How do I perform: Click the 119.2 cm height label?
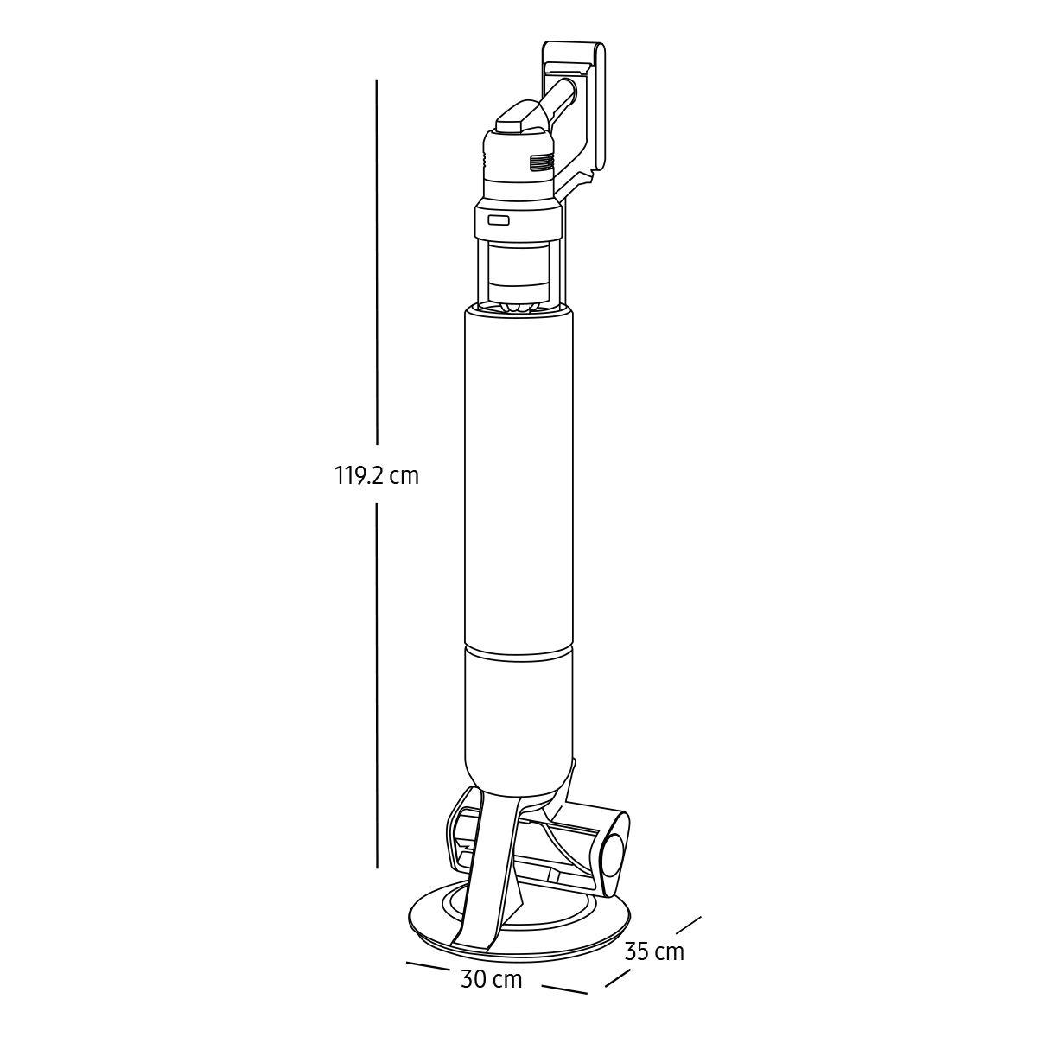pos(376,477)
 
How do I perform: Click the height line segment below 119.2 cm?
pos(377,696)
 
